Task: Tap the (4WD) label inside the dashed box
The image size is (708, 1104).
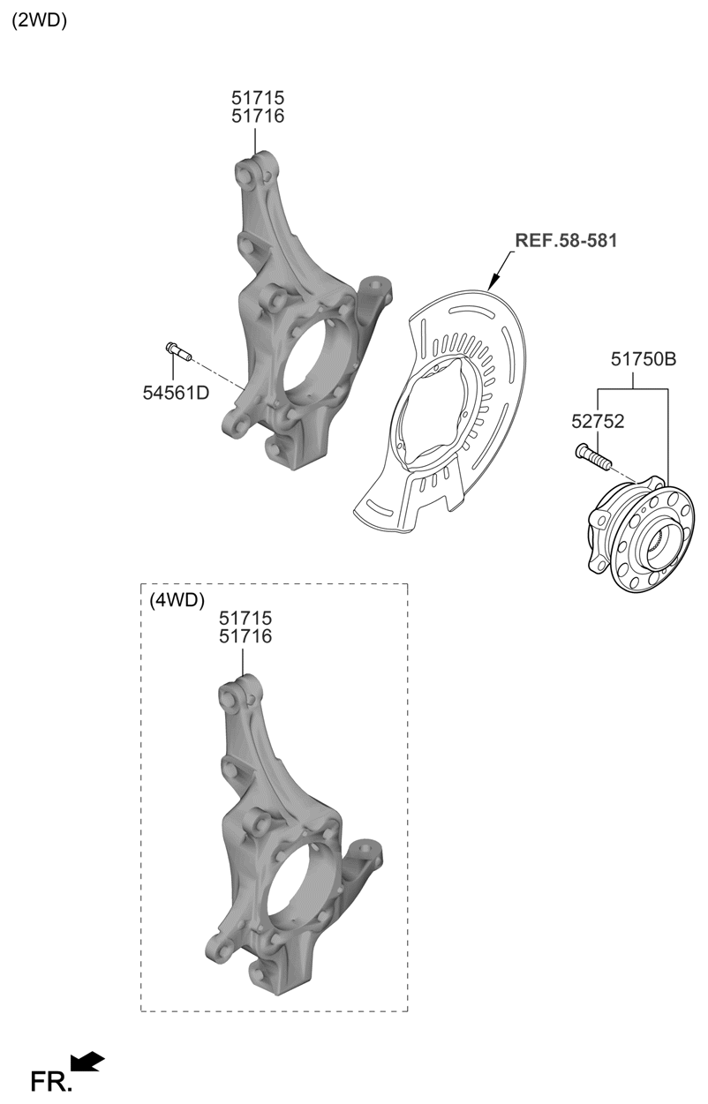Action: [x=177, y=601]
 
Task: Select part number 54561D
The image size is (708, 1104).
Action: [x=176, y=393]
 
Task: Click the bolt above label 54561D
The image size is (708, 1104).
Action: [x=177, y=351]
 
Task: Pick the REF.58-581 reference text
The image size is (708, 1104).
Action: [x=566, y=239]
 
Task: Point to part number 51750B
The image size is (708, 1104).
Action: [x=644, y=359]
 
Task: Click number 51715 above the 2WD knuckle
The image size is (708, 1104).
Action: [x=258, y=98]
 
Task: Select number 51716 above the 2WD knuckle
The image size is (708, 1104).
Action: [x=258, y=116]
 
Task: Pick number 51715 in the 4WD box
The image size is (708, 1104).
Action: [x=245, y=619]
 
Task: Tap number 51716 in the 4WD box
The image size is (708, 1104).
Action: [x=245, y=636]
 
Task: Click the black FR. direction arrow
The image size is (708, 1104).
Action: [x=87, y=1062]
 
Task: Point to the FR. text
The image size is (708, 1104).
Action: [x=51, y=1083]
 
